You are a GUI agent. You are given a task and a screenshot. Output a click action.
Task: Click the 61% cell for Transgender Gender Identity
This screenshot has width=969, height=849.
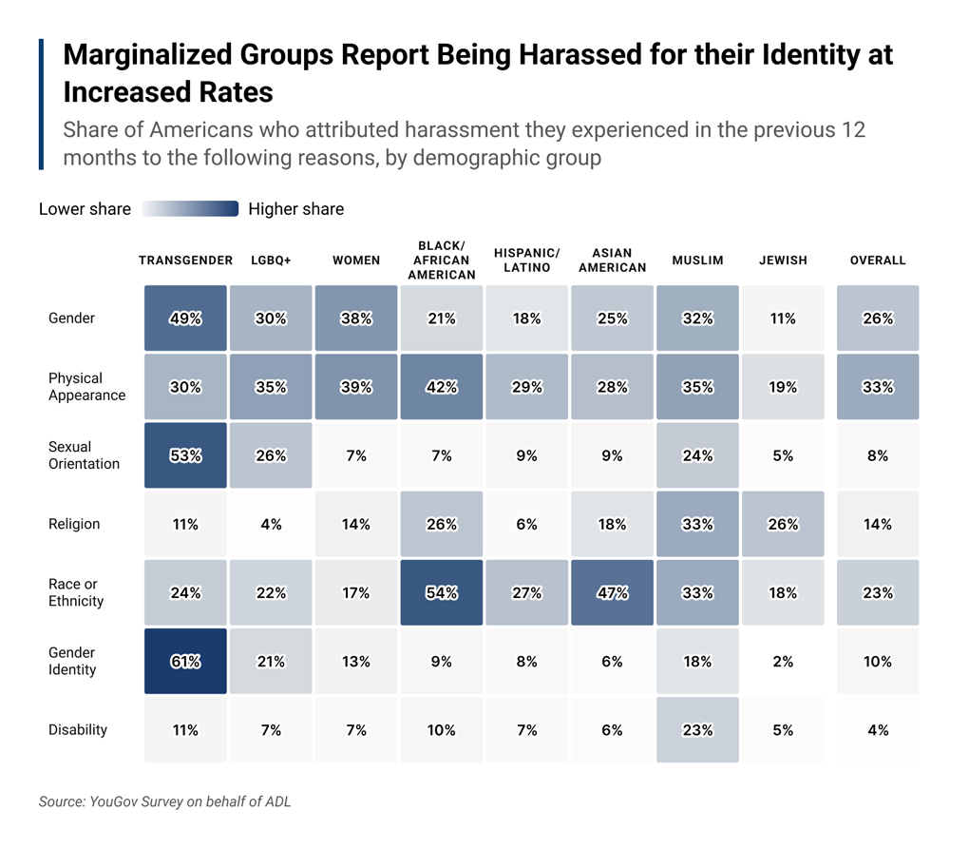185,661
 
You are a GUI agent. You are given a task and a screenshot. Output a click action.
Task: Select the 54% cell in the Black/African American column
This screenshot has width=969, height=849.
441,592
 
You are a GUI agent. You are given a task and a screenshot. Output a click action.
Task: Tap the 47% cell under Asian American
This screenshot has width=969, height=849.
612,592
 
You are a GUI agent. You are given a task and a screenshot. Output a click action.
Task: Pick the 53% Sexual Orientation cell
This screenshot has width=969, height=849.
185,455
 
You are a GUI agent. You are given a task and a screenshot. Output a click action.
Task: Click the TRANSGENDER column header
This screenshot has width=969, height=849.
185,260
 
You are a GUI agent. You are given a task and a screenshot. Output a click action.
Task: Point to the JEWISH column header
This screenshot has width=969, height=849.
783,260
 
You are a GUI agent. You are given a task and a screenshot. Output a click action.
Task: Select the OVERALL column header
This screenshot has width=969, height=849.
878,260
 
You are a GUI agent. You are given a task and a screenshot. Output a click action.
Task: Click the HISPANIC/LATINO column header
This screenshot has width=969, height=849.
526,260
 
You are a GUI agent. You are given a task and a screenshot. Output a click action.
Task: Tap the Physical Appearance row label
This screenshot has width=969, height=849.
86,387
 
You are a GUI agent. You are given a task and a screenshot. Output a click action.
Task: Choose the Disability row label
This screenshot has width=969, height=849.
78,730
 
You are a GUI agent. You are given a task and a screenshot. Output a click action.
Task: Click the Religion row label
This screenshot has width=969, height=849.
74,524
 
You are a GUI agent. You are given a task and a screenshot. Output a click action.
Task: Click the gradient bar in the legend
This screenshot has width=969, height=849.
190,209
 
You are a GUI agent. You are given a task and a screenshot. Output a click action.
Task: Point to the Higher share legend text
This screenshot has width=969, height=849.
295,209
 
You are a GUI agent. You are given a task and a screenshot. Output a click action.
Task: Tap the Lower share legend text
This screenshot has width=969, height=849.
85,209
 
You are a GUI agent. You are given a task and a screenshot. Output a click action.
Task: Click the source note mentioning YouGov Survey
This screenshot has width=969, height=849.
164,801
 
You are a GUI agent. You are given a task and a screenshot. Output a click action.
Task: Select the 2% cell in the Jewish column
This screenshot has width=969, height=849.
783,661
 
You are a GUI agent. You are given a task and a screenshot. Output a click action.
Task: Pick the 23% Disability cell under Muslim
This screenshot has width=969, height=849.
697,730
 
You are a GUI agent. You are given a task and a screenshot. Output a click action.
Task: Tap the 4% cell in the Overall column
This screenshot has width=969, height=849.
878,730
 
